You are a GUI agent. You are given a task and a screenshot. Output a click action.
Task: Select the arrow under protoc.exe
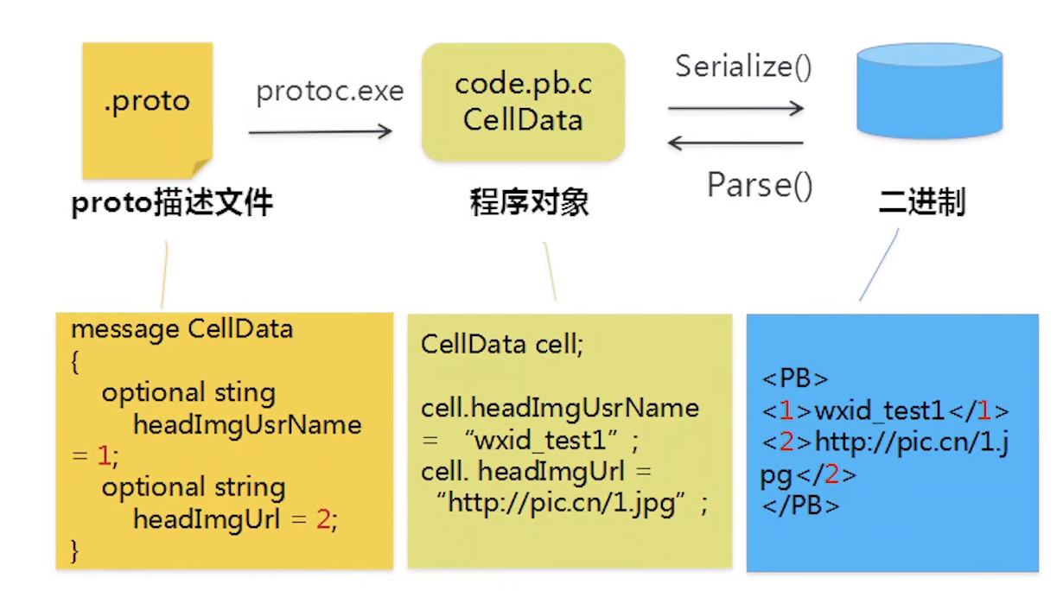pyautogui.click(x=321, y=131)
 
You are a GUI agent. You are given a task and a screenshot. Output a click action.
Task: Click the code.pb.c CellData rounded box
pyautogui.click(x=523, y=102)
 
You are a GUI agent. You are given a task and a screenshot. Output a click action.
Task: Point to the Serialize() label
pyautogui.click(x=743, y=67)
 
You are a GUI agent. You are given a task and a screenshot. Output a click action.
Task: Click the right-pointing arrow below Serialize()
pyautogui.click(x=735, y=108)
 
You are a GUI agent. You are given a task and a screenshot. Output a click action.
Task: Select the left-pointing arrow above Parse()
pyautogui.click(x=735, y=143)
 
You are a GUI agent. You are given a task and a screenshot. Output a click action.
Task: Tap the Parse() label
pyautogui.click(x=760, y=184)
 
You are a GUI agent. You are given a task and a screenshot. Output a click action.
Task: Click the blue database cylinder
pyautogui.click(x=930, y=90)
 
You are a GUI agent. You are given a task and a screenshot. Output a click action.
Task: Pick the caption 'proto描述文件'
pyautogui.click(x=172, y=203)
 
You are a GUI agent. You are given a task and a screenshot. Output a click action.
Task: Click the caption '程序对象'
pyautogui.click(x=529, y=203)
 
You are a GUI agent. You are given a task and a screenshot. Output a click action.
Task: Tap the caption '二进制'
pyautogui.click(x=921, y=203)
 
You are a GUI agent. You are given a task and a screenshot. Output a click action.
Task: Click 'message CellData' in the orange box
pyautogui.click(x=181, y=329)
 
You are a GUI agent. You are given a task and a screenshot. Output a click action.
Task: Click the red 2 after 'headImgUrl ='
pyautogui.click(x=323, y=519)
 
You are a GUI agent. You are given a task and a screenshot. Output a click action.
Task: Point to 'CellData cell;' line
pyautogui.click(x=502, y=345)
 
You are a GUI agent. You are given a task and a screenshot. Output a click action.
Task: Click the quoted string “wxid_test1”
pyautogui.click(x=545, y=441)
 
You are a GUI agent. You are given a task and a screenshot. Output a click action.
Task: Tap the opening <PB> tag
pyautogui.click(x=795, y=378)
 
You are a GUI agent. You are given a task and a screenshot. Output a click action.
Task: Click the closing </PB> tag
pyautogui.click(x=800, y=505)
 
